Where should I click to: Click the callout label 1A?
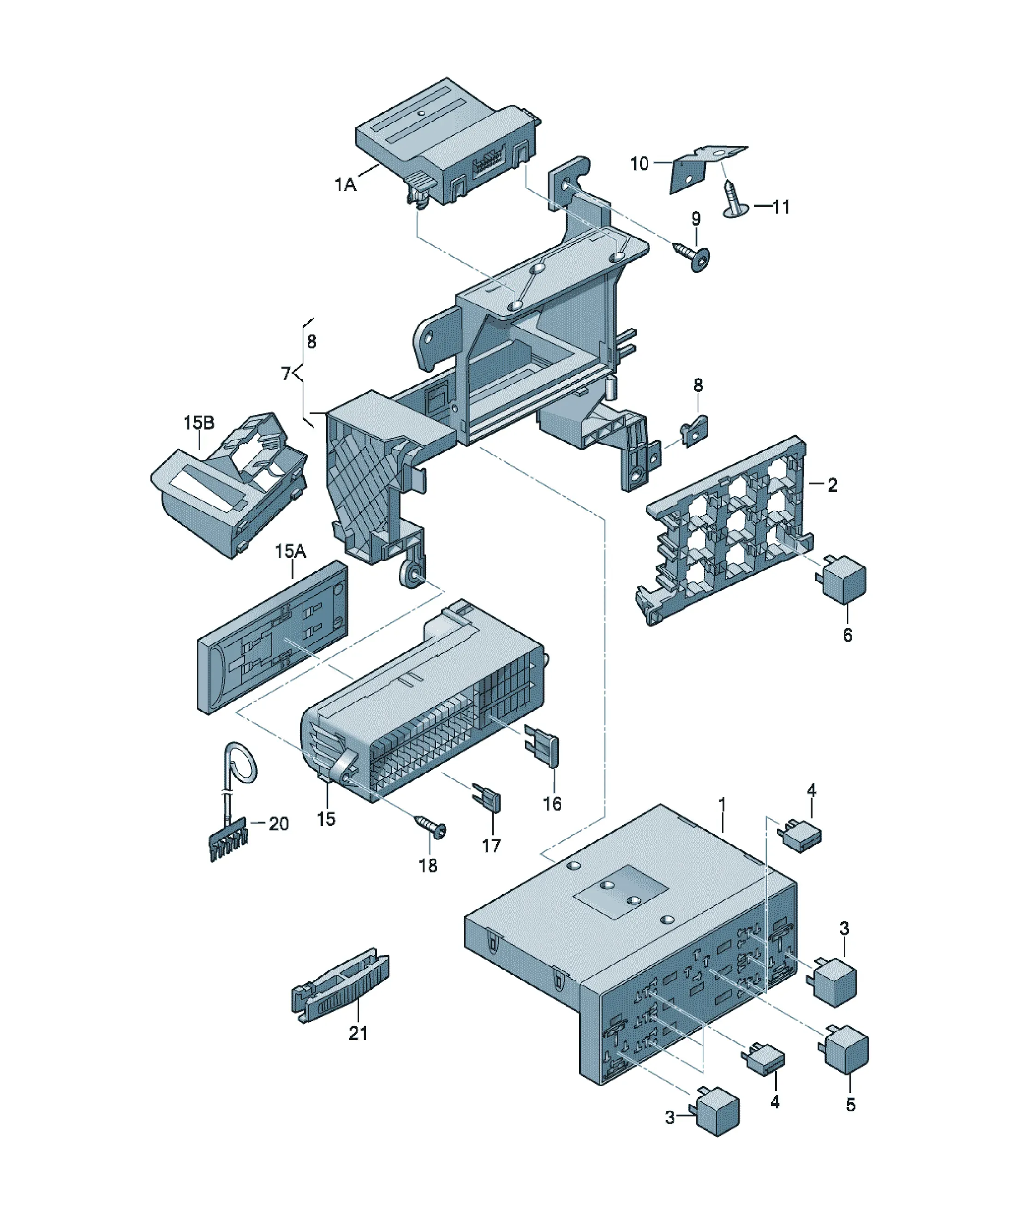click(x=345, y=185)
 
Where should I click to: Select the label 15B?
click(x=199, y=422)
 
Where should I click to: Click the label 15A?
click(x=290, y=551)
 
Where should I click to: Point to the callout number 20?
click(x=279, y=823)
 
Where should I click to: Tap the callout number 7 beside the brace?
click(x=286, y=373)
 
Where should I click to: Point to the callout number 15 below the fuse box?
click(x=326, y=819)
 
